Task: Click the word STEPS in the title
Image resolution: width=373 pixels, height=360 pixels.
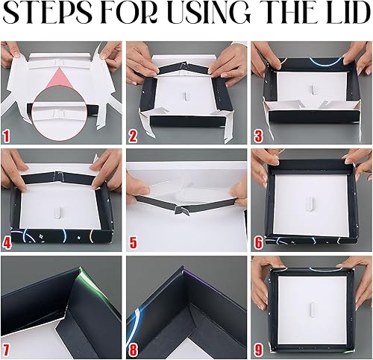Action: tap(48, 13)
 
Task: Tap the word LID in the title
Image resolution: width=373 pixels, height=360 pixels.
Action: tap(348, 13)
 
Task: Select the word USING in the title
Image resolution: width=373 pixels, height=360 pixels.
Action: tap(207, 13)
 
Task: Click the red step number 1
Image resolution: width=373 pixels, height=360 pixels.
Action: tap(6, 136)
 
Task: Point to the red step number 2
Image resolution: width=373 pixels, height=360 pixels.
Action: tap(133, 136)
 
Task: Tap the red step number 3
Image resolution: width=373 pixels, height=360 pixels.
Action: tap(258, 136)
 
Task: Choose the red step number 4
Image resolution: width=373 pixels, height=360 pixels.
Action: tap(7, 242)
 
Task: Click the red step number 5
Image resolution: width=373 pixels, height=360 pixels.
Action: tap(134, 242)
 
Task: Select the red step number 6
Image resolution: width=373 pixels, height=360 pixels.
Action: tap(259, 242)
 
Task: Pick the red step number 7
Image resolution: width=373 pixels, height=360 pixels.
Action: tap(6, 350)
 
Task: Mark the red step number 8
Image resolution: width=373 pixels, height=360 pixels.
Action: tap(133, 350)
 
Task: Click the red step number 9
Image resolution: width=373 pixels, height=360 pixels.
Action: tap(258, 350)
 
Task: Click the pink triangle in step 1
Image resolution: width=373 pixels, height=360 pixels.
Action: tap(61, 79)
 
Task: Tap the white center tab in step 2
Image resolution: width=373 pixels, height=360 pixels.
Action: tap(186, 95)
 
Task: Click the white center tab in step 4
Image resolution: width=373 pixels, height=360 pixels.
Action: tap(57, 213)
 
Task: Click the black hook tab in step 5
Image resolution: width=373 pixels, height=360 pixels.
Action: tap(180, 210)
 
